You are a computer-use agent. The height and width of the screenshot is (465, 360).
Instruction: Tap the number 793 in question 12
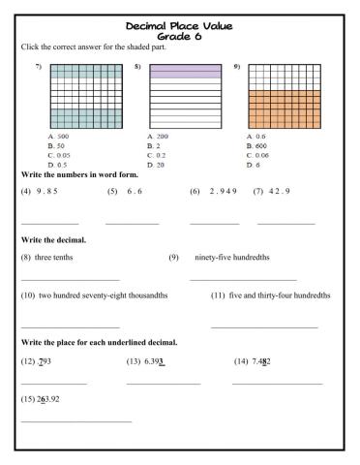[47, 361]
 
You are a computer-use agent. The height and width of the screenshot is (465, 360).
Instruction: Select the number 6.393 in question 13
[155, 361]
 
